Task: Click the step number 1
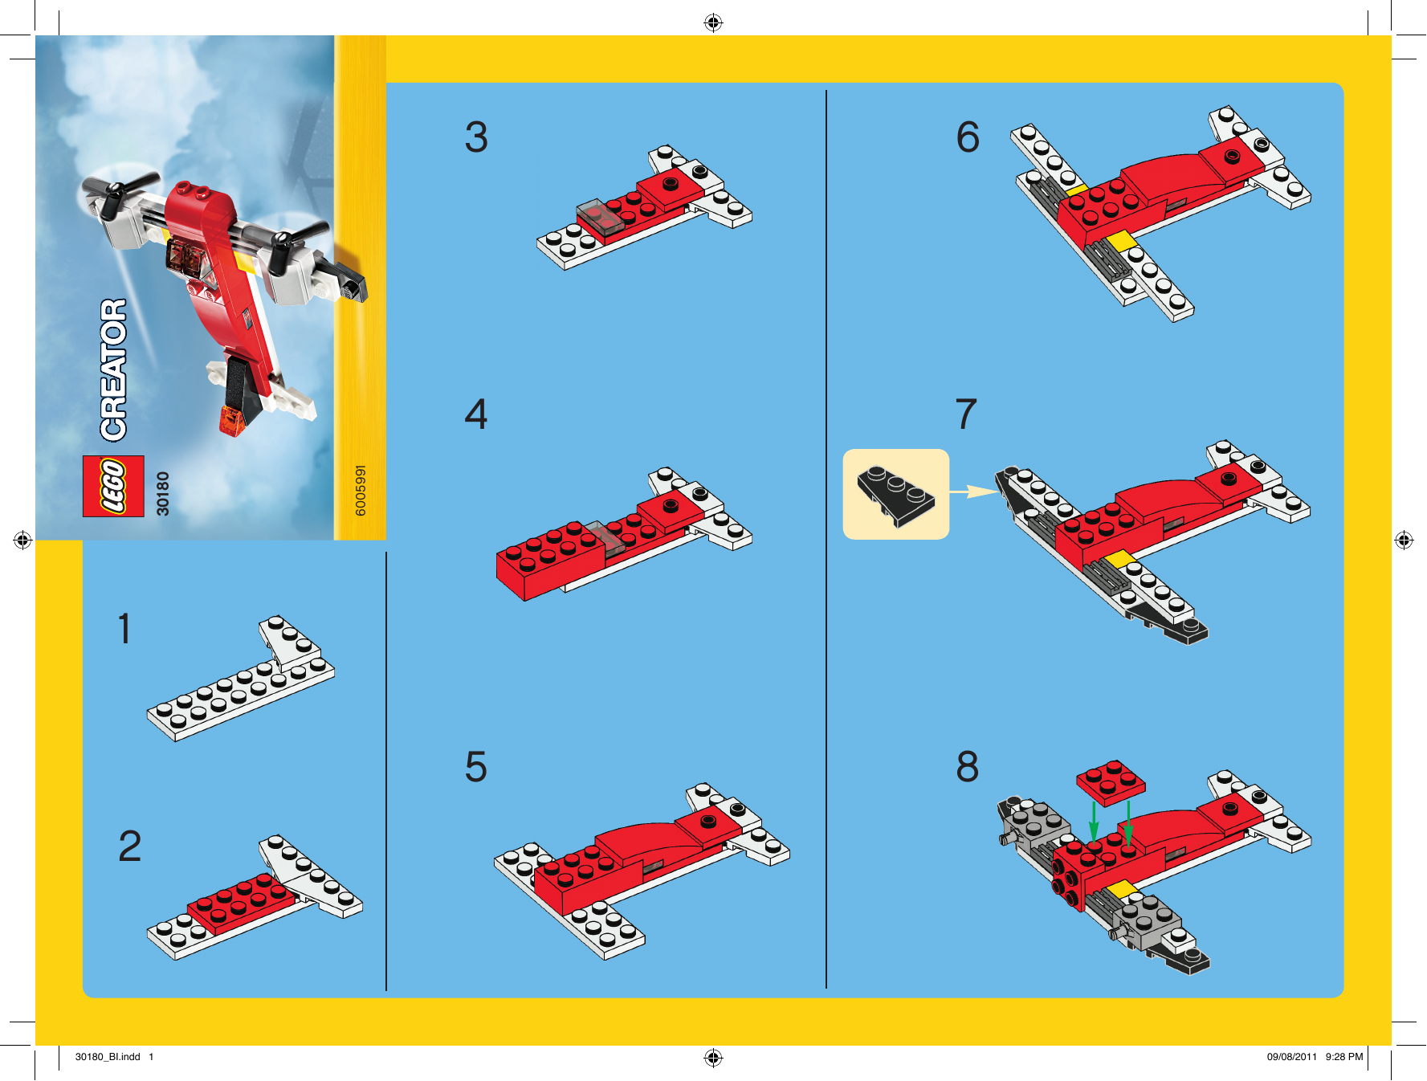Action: pos(124,628)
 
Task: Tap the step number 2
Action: pos(129,846)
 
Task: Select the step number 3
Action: pos(476,137)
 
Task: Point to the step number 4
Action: pos(476,414)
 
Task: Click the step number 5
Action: pos(476,766)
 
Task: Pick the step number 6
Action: pos(968,137)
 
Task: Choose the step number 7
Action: pos(966,414)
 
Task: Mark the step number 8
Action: pos(968,766)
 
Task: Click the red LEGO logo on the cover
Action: pos(113,486)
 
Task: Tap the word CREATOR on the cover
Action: pos(113,369)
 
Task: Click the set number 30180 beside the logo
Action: pos(163,493)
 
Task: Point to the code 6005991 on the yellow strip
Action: pos(361,490)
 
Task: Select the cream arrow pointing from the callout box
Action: pos(974,491)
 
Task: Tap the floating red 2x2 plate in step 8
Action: pos(1111,782)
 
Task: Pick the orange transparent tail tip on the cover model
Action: pos(232,421)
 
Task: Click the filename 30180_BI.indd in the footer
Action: pos(108,1057)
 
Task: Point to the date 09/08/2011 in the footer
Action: pos(1292,1057)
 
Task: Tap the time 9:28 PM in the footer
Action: pos(1344,1057)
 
